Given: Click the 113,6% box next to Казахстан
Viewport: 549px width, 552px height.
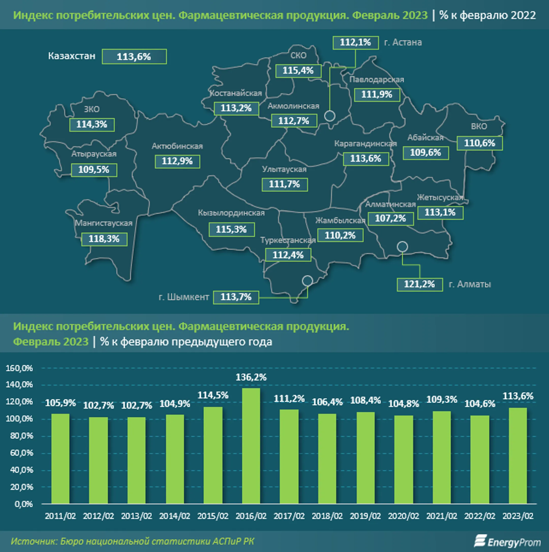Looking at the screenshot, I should click(x=134, y=57).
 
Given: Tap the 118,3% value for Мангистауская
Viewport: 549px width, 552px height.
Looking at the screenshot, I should click(x=104, y=239).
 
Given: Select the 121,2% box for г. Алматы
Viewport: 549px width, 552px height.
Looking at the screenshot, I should click(x=419, y=284).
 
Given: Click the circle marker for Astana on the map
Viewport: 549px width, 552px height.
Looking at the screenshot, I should click(x=330, y=116).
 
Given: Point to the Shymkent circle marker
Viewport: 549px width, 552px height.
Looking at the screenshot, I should click(x=307, y=280).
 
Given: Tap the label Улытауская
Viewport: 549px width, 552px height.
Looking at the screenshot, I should click(x=284, y=169).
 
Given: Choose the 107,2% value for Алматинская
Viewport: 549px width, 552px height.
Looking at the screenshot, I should click(x=390, y=218).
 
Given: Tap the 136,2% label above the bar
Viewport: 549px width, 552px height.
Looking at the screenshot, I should click(x=251, y=377).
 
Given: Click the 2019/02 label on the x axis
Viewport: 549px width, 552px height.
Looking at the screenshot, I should click(x=365, y=516).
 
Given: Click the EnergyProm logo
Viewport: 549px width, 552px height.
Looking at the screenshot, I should click(x=507, y=541).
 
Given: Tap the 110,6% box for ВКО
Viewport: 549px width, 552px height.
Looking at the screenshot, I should click(x=479, y=143).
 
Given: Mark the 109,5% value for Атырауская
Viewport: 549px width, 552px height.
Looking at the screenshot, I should click(x=94, y=170).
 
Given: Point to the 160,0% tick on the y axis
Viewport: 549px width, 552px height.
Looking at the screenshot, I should click(x=19, y=368).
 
